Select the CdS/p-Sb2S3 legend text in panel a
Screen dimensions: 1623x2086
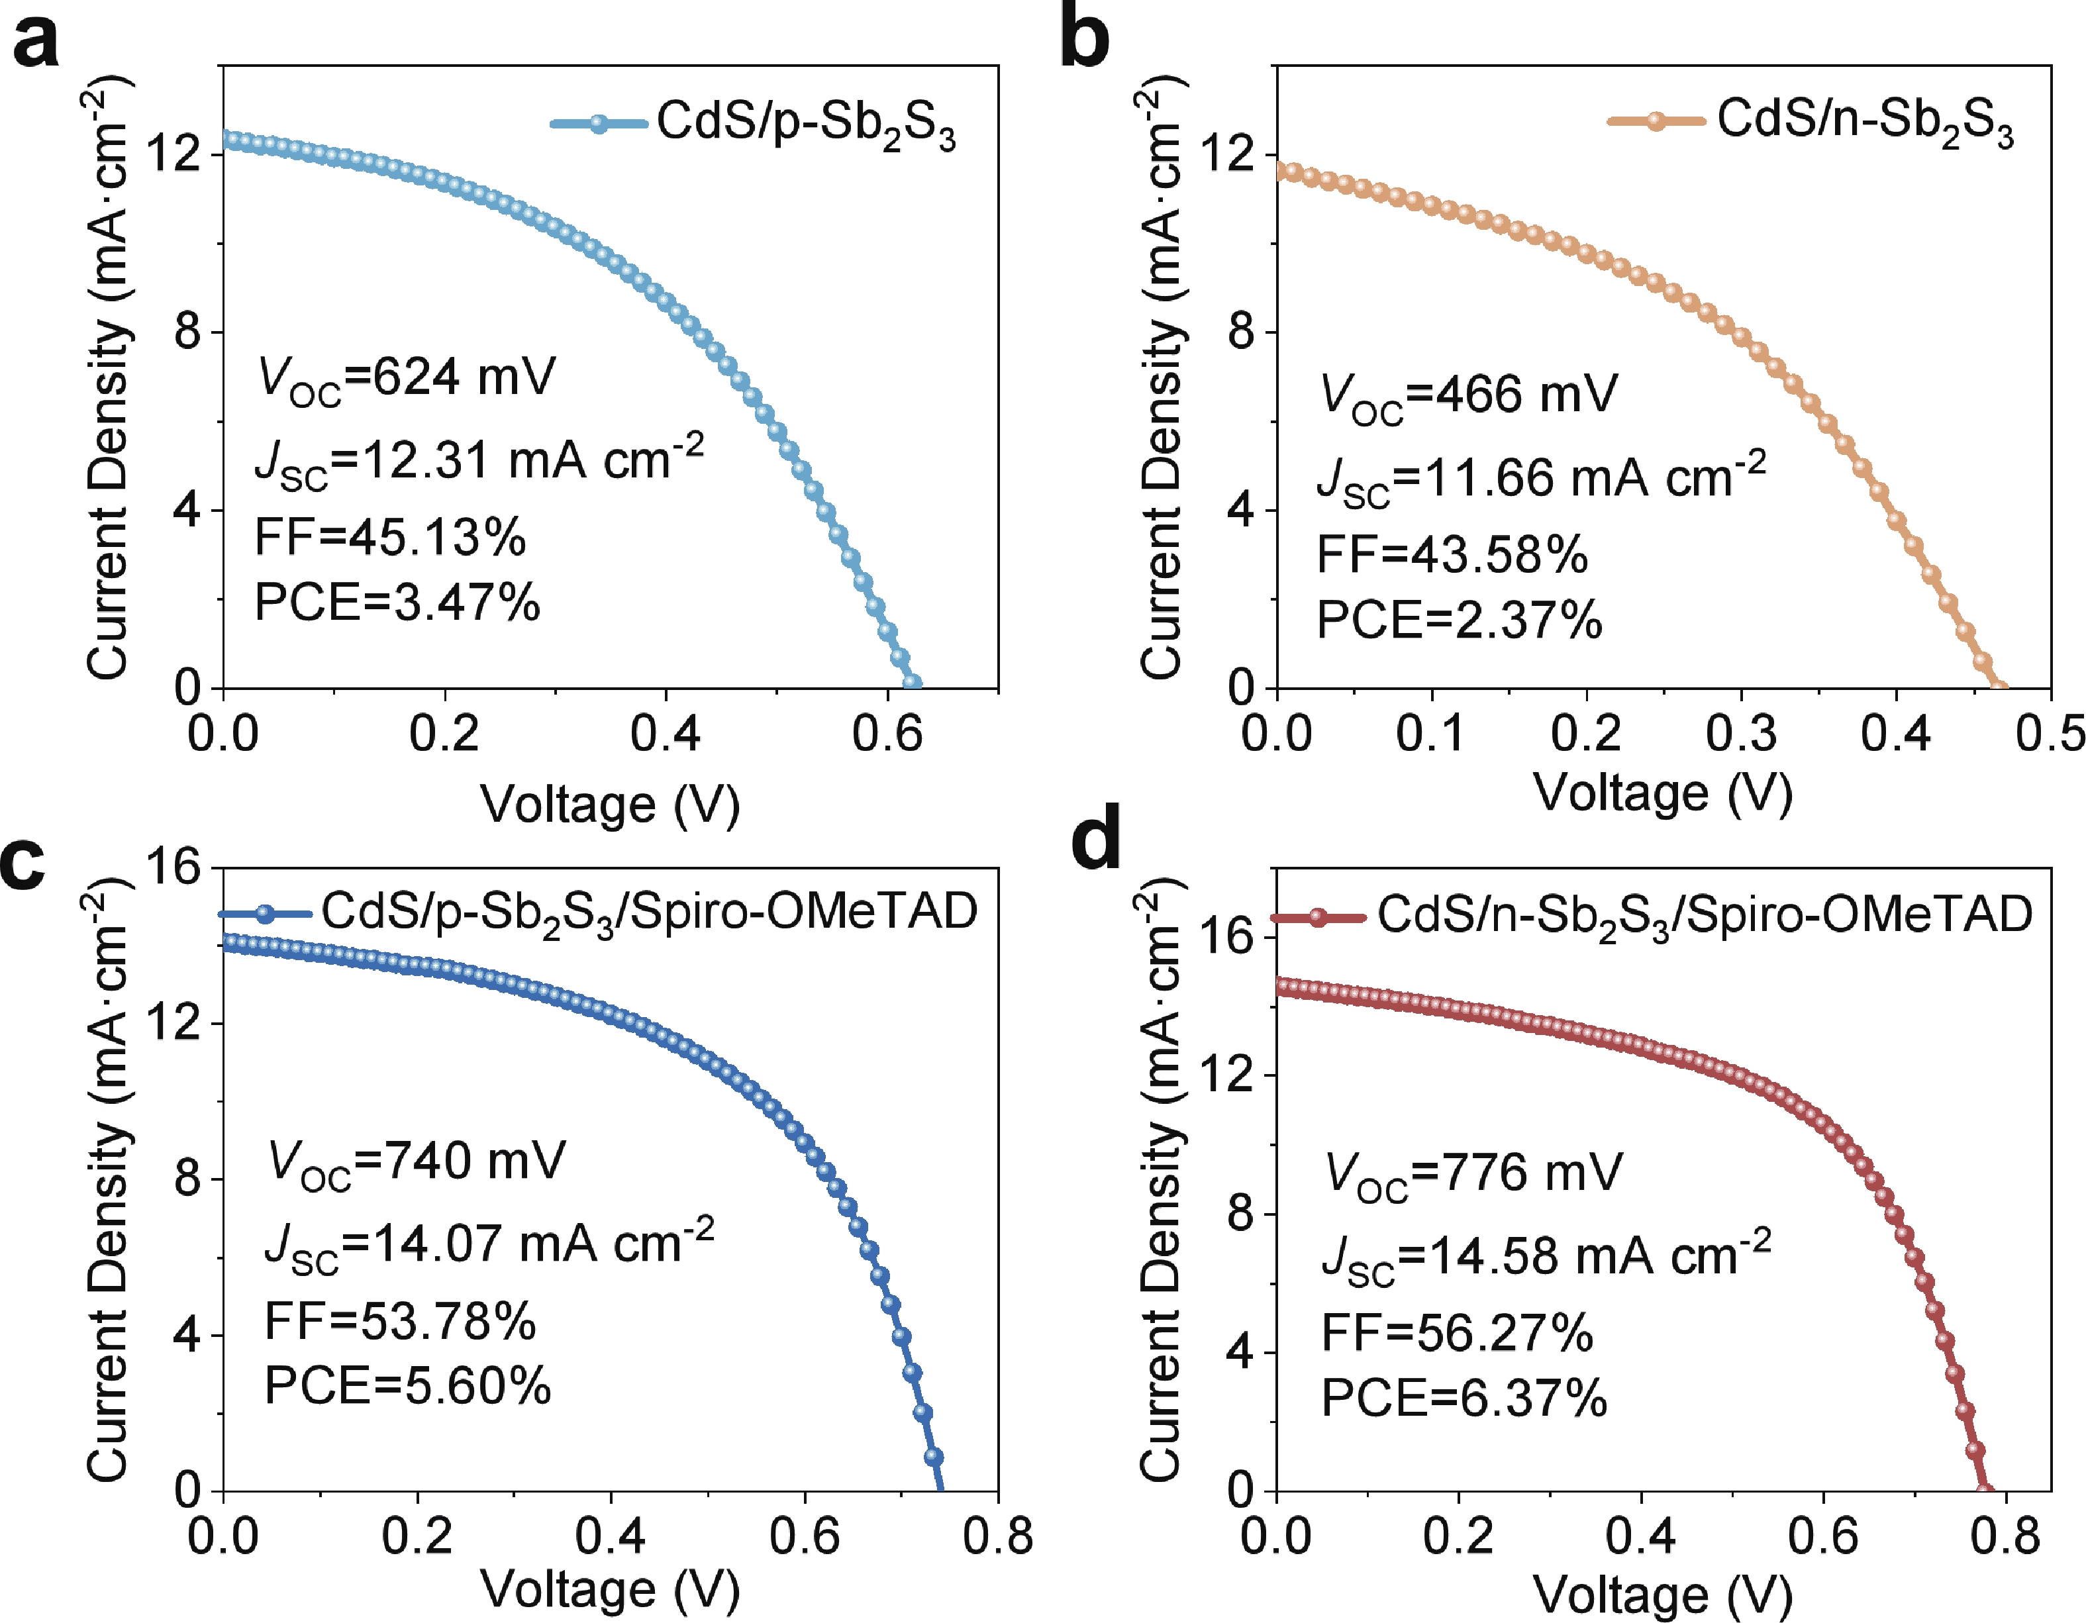pos(805,125)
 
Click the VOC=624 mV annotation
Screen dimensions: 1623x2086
pos(407,377)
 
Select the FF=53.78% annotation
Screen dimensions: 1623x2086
pos(400,1322)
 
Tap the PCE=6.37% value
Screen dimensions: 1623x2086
pos(1464,1399)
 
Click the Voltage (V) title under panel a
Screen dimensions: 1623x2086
pos(609,805)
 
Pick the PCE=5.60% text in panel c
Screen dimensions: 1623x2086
pos(408,1386)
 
